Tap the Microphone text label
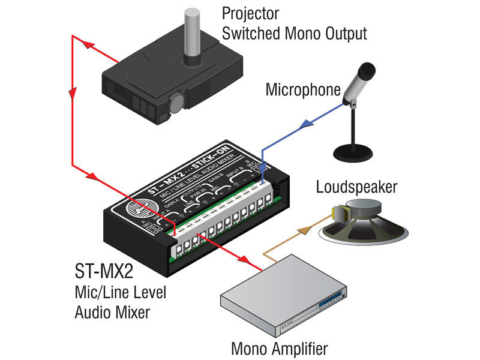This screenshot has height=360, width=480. click(302, 91)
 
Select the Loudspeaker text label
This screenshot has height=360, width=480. click(356, 188)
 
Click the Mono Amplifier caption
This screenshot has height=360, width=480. click(280, 349)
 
